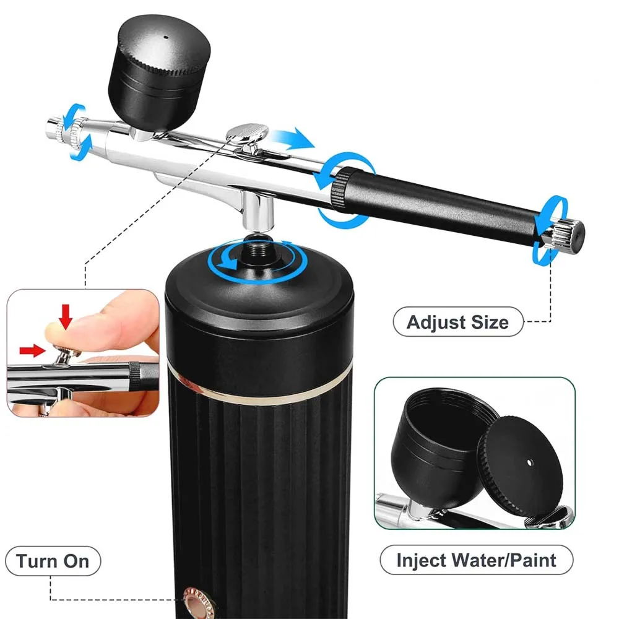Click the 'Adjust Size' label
(457, 322)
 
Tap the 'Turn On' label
(53, 561)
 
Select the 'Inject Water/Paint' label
(476, 560)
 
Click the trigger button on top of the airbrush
(247, 132)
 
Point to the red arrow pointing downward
(66, 316)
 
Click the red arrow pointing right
(32, 350)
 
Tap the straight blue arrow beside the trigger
(293, 139)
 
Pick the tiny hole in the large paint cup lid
(166, 38)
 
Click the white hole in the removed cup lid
(530, 462)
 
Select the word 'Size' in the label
(490, 322)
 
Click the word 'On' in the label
(76, 561)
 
